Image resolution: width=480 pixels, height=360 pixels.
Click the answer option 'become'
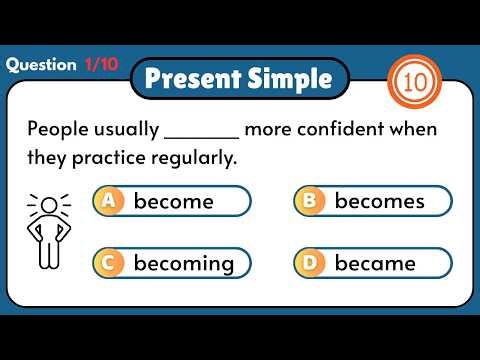[x=173, y=201]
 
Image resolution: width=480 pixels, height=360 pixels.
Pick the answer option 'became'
[x=375, y=264]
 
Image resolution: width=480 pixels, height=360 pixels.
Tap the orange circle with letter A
[x=109, y=201]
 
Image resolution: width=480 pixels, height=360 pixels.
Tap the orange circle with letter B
[x=310, y=201]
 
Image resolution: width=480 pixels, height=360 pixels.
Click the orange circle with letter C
[x=109, y=264]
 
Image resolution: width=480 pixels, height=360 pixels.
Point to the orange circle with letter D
[x=310, y=264]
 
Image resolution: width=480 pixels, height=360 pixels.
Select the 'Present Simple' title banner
[x=240, y=79]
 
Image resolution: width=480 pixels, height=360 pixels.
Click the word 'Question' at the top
[x=40, y=65]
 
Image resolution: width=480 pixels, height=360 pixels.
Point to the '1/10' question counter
[x=101, y=65]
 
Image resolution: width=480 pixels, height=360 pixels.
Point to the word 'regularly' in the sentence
[x=201, y=158]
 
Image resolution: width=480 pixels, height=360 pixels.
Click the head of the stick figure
[x=48, y=206]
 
